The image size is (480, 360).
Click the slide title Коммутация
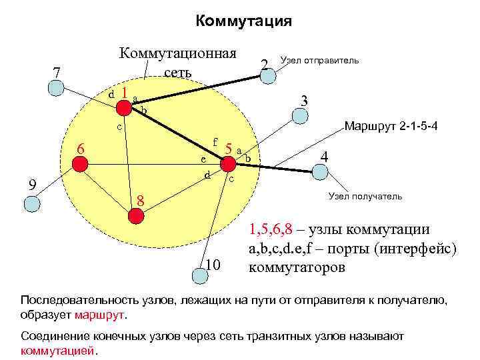(x=244, y=21)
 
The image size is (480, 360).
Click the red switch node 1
(x=123, y=107)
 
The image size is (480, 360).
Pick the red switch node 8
(x=135, y=215)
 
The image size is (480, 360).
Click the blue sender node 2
(x=267, y=75)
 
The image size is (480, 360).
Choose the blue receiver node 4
(x=321, y=171)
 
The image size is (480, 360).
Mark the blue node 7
(x=55, y=86)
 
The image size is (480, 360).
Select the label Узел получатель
(x=365, y=197)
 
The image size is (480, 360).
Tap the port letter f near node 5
(x=215, y=141)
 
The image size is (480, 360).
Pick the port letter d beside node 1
(x=111, y=95)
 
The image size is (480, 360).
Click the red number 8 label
(x=141, y=200)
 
